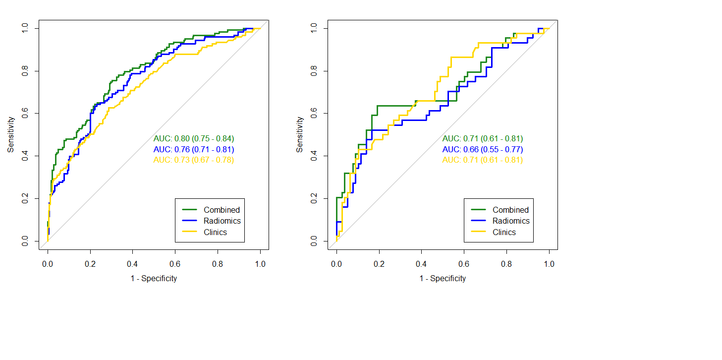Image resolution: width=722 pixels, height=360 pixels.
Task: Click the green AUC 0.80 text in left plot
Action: tap(194, 139)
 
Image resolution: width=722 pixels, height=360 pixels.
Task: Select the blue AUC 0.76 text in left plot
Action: tap(194, 149)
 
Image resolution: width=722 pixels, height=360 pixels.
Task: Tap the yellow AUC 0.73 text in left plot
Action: tap(194, 160)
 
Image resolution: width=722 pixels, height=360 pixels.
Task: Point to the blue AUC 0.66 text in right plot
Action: tap(483, 149)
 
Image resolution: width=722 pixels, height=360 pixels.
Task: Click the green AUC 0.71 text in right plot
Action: tap(483, 139)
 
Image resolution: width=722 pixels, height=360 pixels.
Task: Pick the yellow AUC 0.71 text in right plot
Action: tap(483, 160)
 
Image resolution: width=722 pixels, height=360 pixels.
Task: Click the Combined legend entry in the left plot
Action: tap(222, 210)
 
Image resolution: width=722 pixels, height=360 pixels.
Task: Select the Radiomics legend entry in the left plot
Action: tap(222, 221)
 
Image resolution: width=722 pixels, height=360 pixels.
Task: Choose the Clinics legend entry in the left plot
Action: tap(215, 232)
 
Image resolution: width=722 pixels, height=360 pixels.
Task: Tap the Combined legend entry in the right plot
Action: tap(510, 210)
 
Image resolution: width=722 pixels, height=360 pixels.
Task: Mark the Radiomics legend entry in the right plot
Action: tap(511, 221)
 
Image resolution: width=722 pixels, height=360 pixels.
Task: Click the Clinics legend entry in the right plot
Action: tap(504, 232)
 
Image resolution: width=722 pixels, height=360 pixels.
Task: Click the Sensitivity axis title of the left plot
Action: tap(11, 134)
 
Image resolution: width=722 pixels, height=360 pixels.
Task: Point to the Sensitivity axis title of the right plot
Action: tap(300, 134)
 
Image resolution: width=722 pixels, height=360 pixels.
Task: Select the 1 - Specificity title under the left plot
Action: tap(154, 279)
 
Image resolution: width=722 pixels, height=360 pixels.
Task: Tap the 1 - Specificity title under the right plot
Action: tap(443, 279)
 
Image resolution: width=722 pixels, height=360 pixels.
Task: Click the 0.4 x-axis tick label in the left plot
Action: tap(132, 264)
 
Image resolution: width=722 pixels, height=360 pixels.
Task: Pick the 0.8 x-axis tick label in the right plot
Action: tap(506, 264)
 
